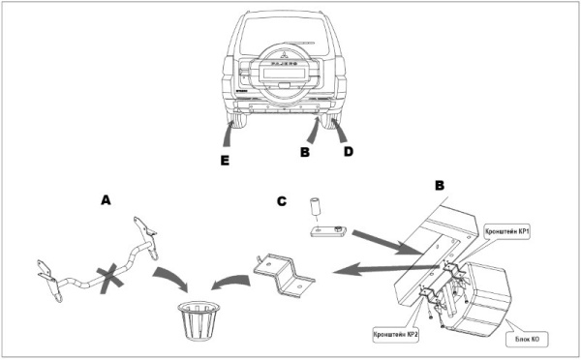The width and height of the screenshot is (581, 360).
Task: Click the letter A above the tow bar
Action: [x=107, y=200]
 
